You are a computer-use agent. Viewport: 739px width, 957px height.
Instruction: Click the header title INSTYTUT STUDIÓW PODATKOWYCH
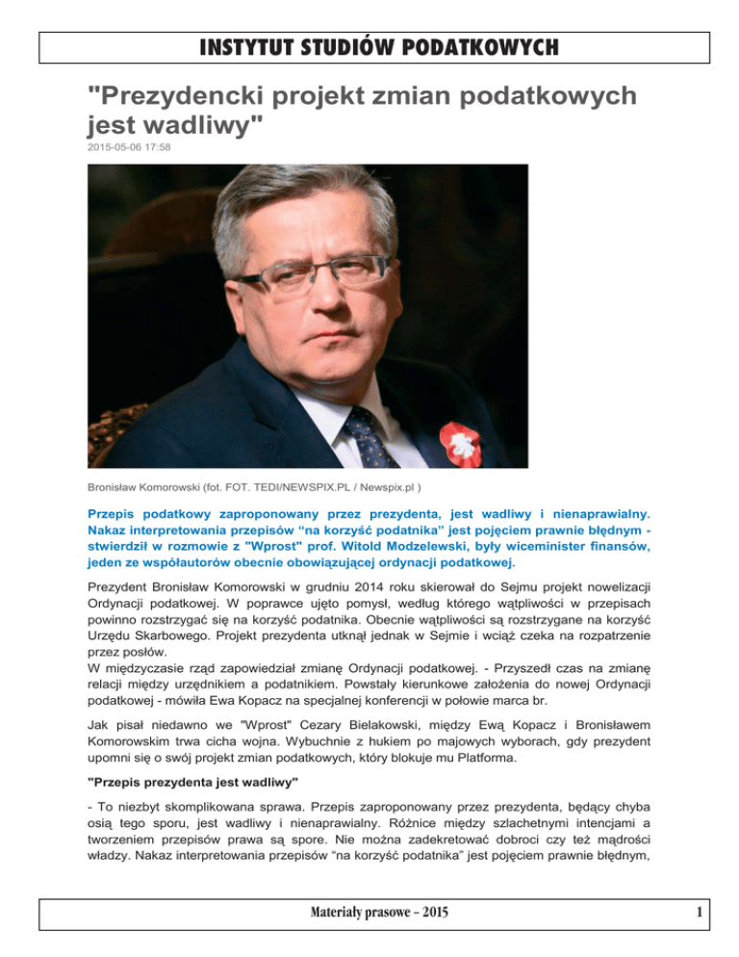[369, 45]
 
